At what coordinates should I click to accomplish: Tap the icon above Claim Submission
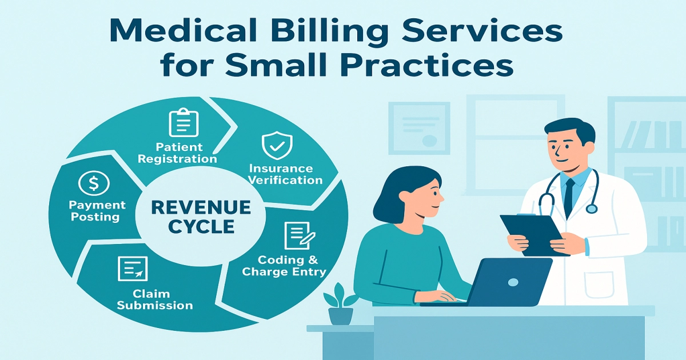(133, 269)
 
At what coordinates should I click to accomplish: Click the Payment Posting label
(97, 210)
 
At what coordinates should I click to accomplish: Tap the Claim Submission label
(154, 299)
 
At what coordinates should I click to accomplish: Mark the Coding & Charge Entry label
(284, 266)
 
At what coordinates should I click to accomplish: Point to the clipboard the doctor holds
(534, 234)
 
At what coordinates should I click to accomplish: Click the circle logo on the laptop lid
(513, 282)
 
